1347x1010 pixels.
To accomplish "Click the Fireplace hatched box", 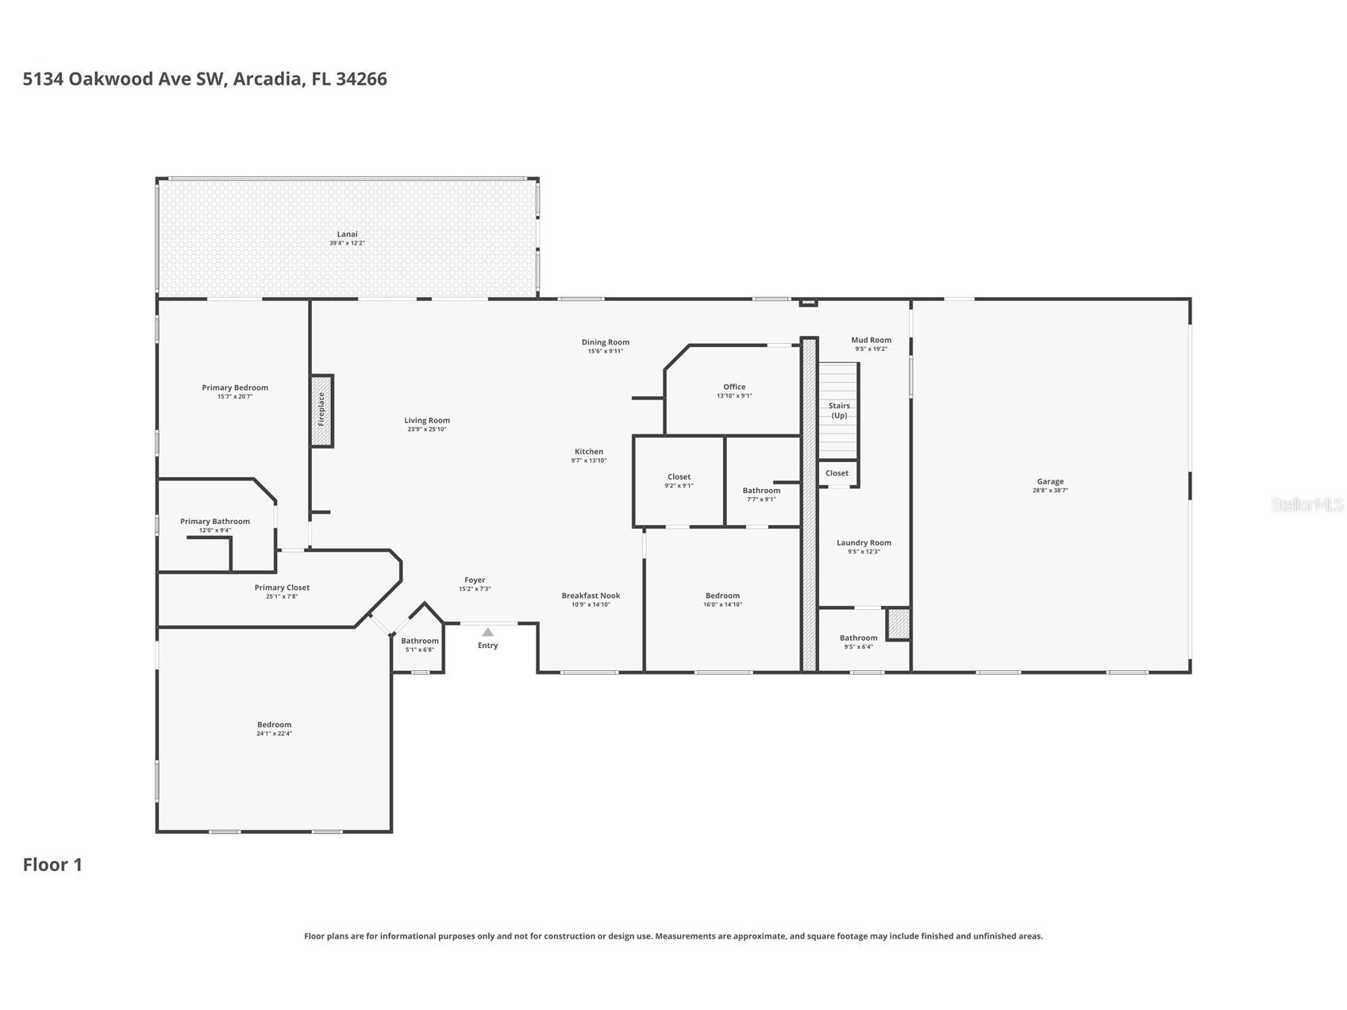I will (x=321, y=411).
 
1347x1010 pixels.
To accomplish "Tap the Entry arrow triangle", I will (x=487, y=632).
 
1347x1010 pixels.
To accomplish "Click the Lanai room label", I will (x=347, y=234).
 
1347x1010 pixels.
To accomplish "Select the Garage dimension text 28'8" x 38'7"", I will (x=1050, y=491).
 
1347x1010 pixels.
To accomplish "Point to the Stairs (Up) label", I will (x=839, y=411).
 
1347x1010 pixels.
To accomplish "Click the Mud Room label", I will (x=871, y=340).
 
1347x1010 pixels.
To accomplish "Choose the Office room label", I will (x=734, y=387).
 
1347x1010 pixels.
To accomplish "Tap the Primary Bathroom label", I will (x=214, y=522).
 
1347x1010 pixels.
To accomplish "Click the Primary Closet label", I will (x=282, y=588).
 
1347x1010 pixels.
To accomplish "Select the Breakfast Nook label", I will (x=591, y=596).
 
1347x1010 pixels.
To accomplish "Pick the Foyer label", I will (x=475, y=580).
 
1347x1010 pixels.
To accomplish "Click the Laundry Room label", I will (x=864, y=543).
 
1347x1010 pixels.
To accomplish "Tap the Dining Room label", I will (x=605, y=342).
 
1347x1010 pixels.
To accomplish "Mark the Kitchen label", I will (x=589, y=452).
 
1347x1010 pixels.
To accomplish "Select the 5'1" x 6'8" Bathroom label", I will (x=419, y=641).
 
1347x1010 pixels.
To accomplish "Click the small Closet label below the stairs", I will (x=837, y=473).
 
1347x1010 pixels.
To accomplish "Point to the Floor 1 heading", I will (x=52, y=865).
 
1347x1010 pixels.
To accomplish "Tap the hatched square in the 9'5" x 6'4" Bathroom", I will (x=898, y=624).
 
